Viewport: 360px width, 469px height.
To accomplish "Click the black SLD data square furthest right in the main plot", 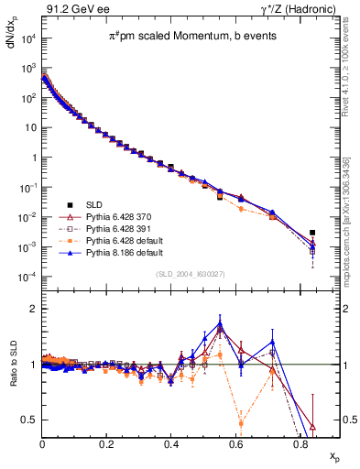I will click(x=313, y=233).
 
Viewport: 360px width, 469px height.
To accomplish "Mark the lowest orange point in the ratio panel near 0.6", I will click(x=241, y=422).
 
